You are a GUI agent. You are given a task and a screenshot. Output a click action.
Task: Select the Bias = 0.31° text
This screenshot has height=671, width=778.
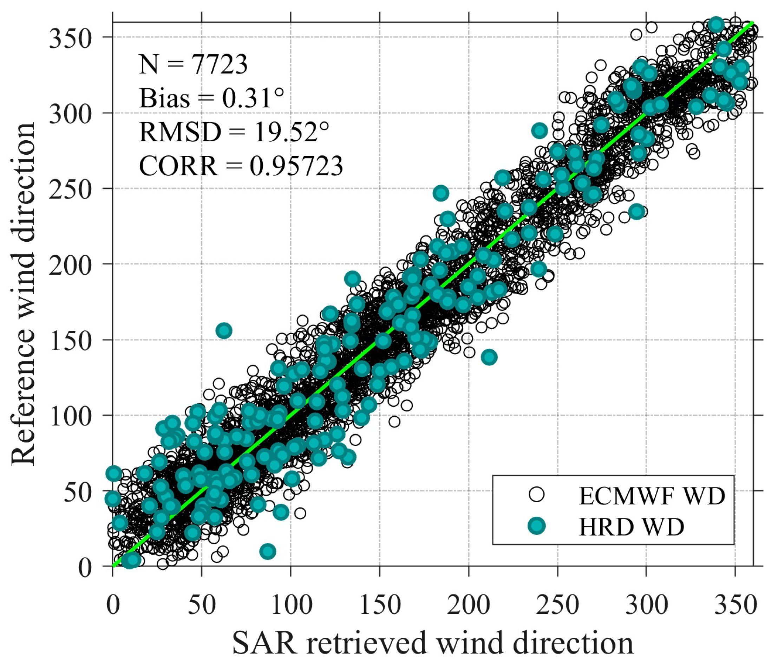pyautogui.click(x=211, y=98)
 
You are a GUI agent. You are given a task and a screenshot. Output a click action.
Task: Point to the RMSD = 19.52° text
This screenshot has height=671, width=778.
pyautogui.click(x=234, y=132)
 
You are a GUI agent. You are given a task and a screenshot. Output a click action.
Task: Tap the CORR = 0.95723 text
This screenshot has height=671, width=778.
pyautogui.click(x=241, y=166)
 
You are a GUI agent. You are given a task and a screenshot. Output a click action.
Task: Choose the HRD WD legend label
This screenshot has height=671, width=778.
pyautogui.click(x=631, y=527)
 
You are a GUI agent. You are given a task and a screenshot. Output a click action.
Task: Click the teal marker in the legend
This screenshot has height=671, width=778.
pyautogui.click(x=537, y=527)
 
